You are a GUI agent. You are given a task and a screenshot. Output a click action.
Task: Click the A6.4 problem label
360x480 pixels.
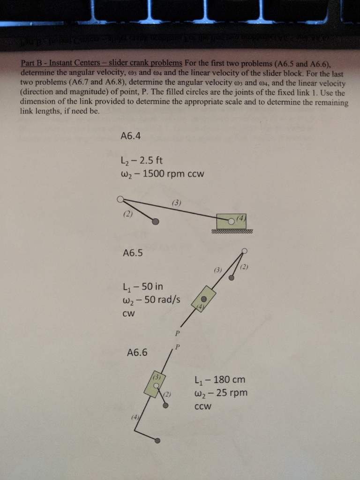(131, 136)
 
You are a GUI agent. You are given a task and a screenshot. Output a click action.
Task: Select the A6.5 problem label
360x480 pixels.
(133, 253)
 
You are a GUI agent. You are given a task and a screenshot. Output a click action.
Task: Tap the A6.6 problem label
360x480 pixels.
(137, 352)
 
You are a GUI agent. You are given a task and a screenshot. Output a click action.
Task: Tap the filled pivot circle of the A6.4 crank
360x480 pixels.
(156, 222)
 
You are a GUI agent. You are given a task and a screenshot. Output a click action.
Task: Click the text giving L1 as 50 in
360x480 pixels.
(142, 286)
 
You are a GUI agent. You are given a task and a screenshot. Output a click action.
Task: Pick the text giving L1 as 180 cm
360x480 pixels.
(219, 379)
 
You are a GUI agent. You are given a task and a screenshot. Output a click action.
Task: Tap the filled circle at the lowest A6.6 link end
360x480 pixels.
(158, 440)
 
